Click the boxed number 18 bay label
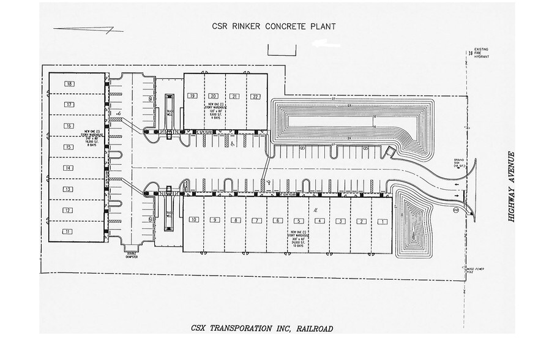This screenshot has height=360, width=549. coord(69,84)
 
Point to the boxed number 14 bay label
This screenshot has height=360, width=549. coord(69,168)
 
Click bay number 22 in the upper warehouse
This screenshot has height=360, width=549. coord(255,96)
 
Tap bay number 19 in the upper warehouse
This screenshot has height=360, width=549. coord(192,96)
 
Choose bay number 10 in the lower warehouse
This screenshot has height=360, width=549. coord(193,220)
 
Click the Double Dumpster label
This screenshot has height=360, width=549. coord(132,255)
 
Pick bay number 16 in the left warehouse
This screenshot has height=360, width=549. coord(69,126)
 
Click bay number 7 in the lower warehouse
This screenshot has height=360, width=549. coord(256,220)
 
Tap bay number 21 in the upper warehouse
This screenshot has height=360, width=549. coord(234,96)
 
